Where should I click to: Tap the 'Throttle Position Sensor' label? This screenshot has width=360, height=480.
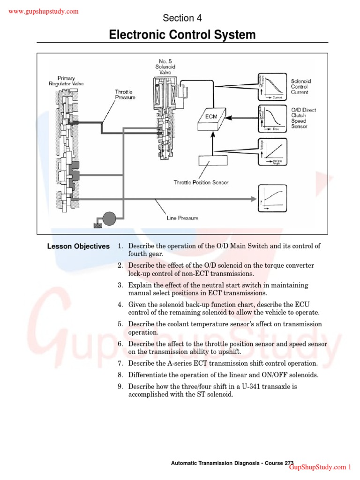click(x=201, y=182)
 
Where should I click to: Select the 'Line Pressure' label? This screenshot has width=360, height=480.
click(x=182, y=218)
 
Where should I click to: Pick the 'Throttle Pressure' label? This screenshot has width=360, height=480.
click(x=125, y=95)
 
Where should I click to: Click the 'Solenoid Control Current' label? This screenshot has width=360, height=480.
click(x=300, y=87)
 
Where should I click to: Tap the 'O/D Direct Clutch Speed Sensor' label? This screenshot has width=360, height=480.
click(x=303, y=118)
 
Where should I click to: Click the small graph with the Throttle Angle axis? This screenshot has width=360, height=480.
click(x=271, y=150)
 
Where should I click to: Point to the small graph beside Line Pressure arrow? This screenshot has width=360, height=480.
click(x=271, y=196)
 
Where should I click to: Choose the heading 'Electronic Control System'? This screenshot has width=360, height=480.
click(x=182, y=35)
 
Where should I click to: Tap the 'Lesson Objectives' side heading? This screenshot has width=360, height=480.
click(x=78, y=247)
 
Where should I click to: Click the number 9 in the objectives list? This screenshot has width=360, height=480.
click(x=120, y=387)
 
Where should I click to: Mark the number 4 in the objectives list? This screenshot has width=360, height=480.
click(x=120, y=305)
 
